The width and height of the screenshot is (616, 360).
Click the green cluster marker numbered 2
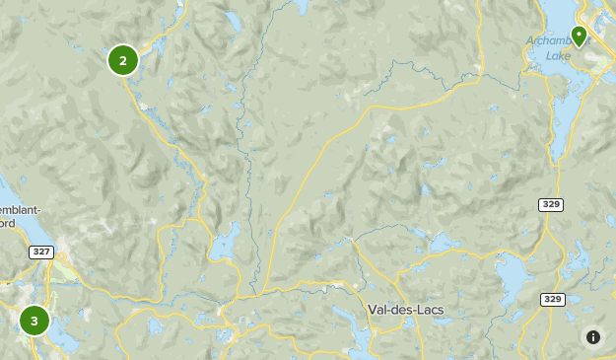122,61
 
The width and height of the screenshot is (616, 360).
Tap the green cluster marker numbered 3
34,320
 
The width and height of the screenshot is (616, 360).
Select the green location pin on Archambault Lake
579,36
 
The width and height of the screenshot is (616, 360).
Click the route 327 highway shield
40,252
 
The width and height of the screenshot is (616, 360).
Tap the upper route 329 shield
551,204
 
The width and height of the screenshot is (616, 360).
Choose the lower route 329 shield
552,299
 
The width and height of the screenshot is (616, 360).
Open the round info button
593,337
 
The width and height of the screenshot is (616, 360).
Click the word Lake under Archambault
558,56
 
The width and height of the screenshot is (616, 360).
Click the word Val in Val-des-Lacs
380,310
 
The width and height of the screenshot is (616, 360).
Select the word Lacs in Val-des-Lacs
430,310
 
